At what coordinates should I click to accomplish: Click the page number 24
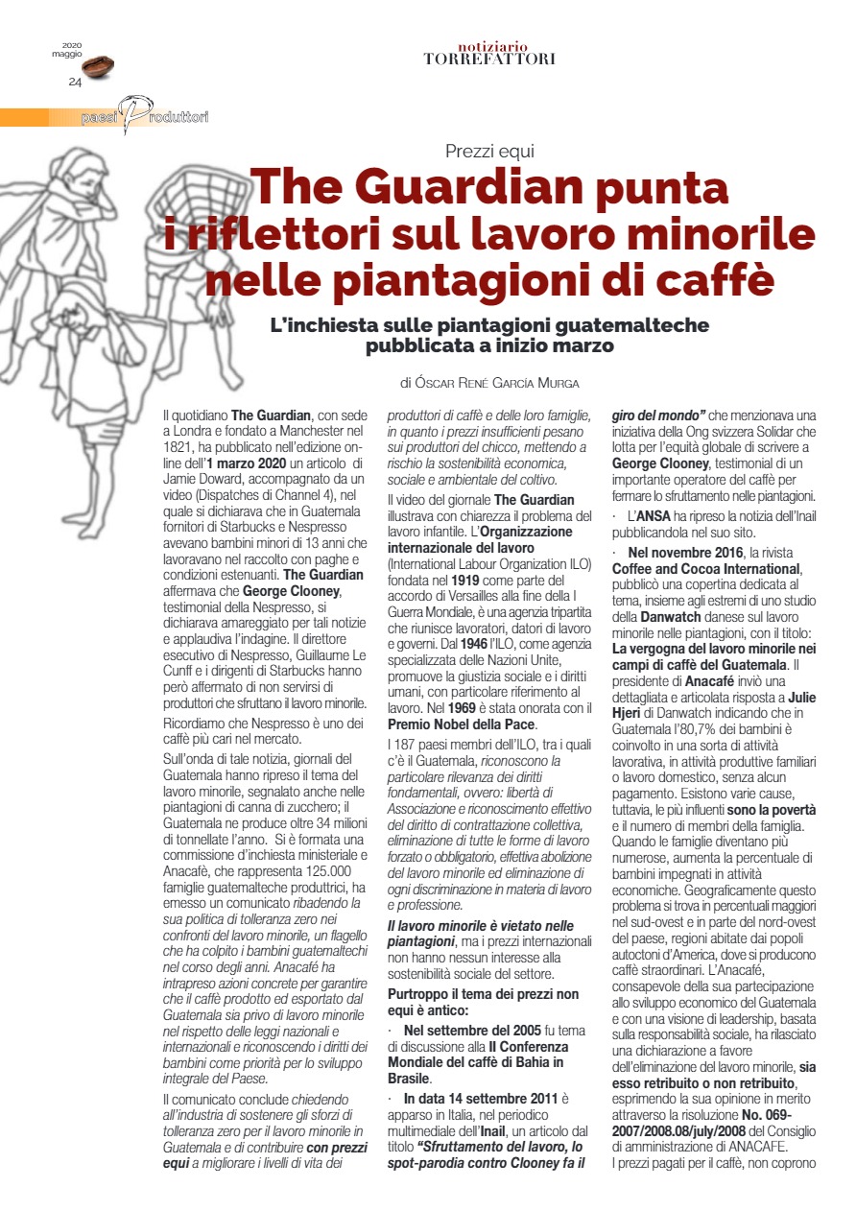pos(75,82)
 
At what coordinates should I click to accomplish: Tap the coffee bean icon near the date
pos(98,65)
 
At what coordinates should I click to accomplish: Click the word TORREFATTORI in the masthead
pos(489,59)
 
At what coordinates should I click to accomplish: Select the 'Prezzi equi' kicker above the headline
pos(489,151)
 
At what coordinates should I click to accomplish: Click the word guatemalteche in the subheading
pos(604,325)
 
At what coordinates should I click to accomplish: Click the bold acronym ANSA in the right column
pos(654,518)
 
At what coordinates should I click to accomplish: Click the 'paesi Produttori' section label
pos(144,117)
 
